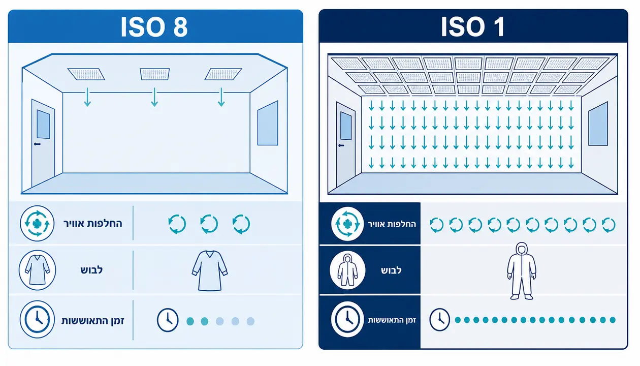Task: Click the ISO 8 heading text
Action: pyautogui.click(x=154, y=27)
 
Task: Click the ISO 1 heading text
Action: pyautogui.click(x=473, y=27)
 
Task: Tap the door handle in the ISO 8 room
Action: pyautogui.click(x=37, y=144)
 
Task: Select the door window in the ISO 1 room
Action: pyautogui.click(x=346, y=126)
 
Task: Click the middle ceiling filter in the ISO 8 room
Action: pyautogui.click(x=154, y=74)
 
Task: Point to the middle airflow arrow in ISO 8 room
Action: pyautogui.click(x=154, y=97)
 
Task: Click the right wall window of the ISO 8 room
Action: pyautogui.click(x=268, y=123)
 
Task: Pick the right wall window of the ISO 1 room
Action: pyautogui.click(x=598, y=124)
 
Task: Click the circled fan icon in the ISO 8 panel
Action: pyautogui.click(x=37, y=223)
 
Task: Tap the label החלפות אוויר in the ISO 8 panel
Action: pyautogui.click(x=92, y=224)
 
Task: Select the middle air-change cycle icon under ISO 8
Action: pyautogui.click(x=209, y=224)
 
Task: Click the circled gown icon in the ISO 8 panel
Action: pyautogui.click(x=38, y=270)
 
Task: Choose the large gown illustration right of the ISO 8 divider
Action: pyautogui.click(x=210, y=270)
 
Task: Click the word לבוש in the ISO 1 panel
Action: pyautogui.click(x=391, y=270)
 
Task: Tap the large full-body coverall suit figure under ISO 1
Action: pyautogui.click(x=522, y=271)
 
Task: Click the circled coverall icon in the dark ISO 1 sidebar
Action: pyautogui.click(x=347, y=270)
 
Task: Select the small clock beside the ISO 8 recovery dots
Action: pyautogui.click(x=168, y=320)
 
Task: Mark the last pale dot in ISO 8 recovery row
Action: pyautogui.click(x=250, y=321)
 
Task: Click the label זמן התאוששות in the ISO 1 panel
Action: pyautogui.click(x=392, y=320)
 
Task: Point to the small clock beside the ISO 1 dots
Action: pyautogui.click(x=440, y=320)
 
